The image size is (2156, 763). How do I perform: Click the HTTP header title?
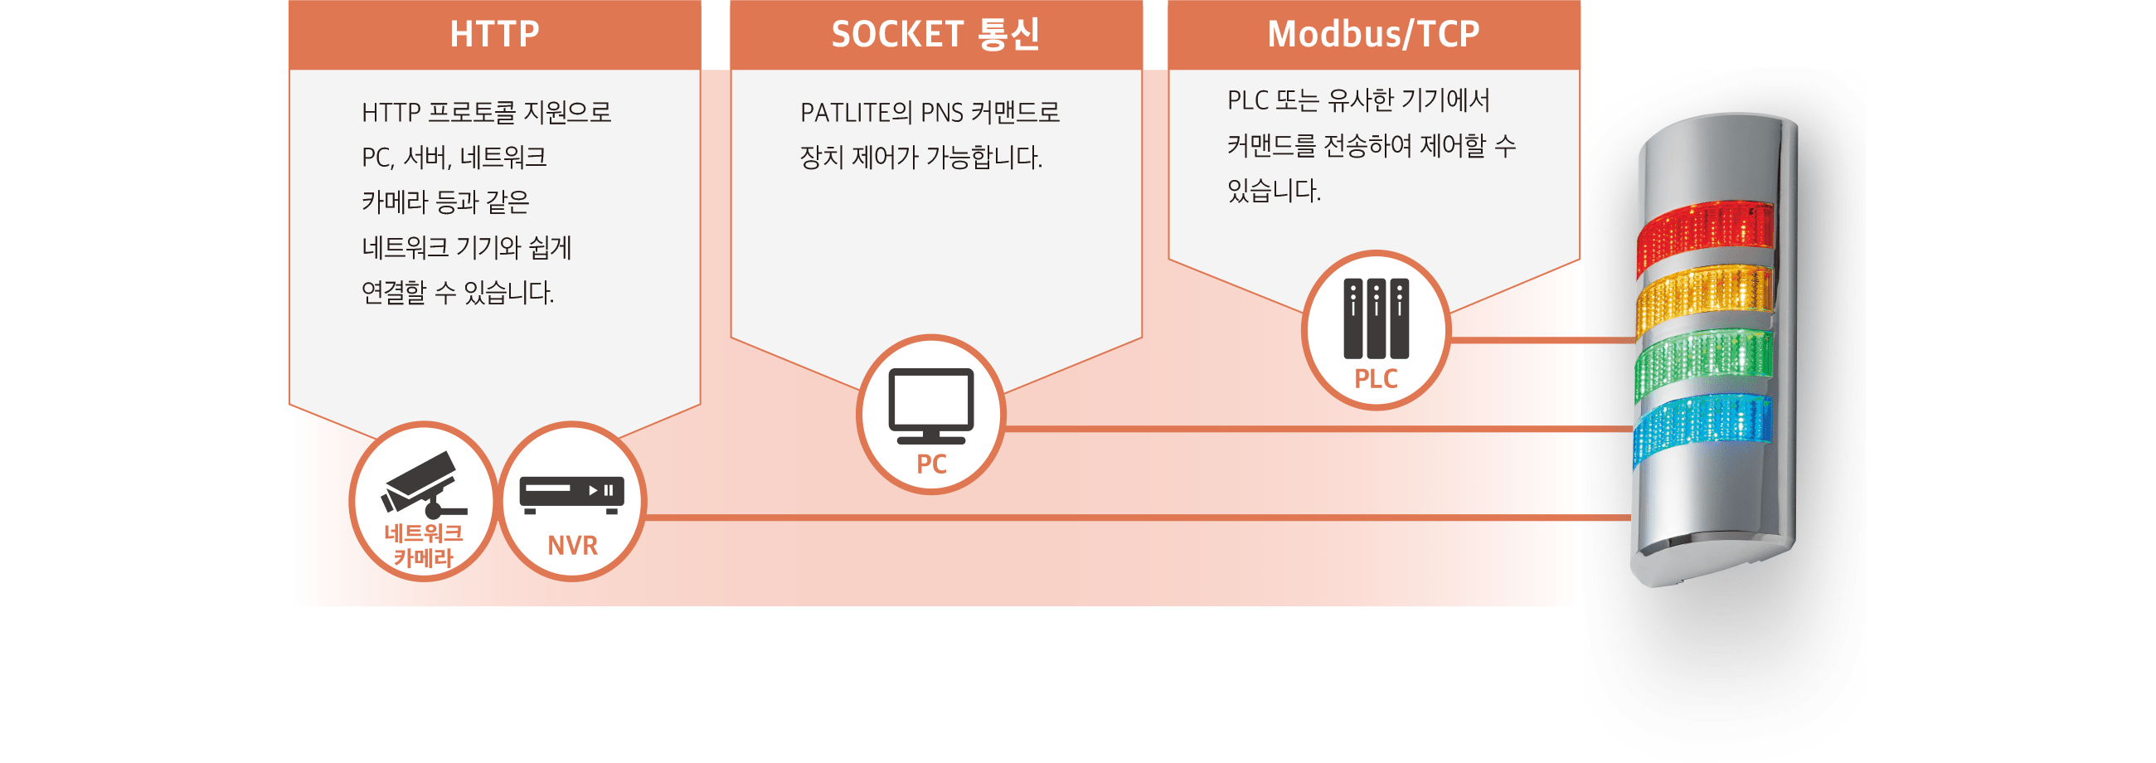(493, 34)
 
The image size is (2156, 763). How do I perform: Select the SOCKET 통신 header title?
(935, 34)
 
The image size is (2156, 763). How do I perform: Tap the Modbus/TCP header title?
(1372, 34)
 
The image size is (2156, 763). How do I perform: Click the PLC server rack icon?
(1375, 318)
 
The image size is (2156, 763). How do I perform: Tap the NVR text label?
(572, 546)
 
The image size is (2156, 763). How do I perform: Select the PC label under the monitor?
(930, 464)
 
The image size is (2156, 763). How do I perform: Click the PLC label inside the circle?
(1375, 379)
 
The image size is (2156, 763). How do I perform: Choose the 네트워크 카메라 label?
(423, 546)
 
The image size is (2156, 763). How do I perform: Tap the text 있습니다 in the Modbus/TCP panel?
(1273, 191)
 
